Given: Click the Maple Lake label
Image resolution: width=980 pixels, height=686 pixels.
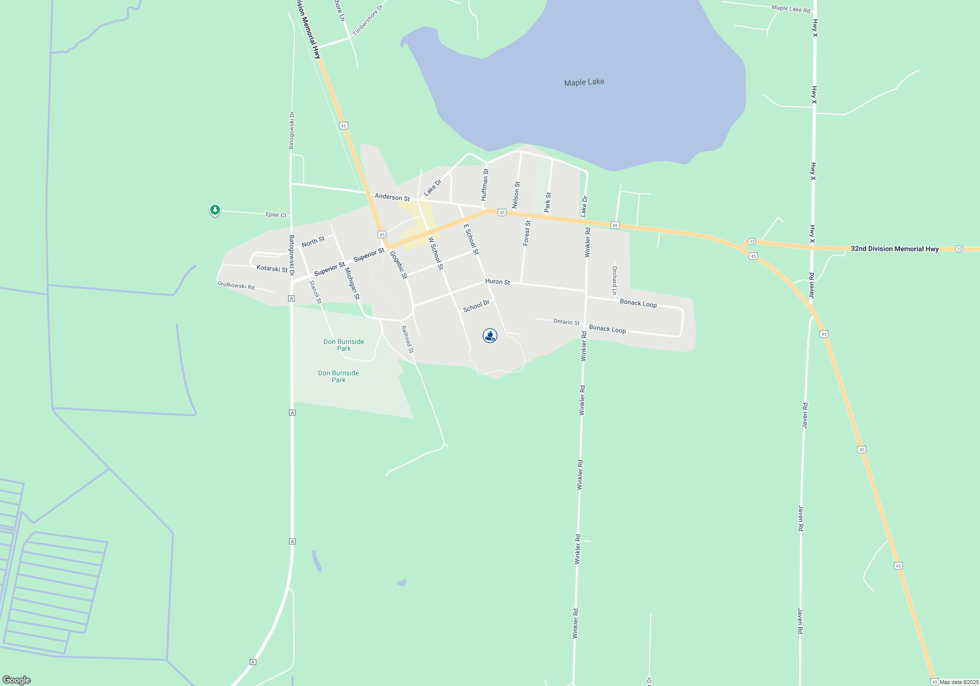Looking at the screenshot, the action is tap(584, 82).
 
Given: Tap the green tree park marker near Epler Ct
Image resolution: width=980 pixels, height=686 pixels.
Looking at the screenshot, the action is tap(215, 210).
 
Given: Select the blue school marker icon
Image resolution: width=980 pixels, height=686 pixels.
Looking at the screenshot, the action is tap(490, 336).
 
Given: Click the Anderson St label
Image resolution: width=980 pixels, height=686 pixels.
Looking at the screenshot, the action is tap(392, 197).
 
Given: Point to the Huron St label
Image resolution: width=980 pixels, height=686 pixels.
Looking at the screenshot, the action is tap(497, 282).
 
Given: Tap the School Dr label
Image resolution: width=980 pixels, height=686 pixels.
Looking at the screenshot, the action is tap(476, 306).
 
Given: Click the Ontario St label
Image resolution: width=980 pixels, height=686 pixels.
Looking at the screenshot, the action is tap(566, 322).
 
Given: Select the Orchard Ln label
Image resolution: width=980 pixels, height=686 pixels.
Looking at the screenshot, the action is tap(614, 280).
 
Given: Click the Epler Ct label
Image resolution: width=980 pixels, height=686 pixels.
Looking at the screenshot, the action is tap(276, 215).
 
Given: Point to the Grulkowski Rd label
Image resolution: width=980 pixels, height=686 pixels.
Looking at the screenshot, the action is tap(236, 285).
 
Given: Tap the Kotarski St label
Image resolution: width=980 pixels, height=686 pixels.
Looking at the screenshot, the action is tap(272, 269).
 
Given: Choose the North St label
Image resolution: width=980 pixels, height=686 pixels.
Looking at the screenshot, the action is tap(313, 242).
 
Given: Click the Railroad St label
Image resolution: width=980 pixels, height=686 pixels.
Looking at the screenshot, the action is tap(407, 339).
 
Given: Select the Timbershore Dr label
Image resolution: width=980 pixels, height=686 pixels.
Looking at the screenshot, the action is tap(367, 21).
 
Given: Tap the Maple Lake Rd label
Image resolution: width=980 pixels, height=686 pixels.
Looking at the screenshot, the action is tap(791, 9).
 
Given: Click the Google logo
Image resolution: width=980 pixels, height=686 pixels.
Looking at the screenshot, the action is tap(17, 680).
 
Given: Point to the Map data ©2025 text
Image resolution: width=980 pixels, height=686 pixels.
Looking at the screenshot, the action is tap(958, 682).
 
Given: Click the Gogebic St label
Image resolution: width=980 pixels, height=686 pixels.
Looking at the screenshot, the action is tap(398, 265).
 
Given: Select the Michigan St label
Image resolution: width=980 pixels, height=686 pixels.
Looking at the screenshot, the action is tap(352, 283).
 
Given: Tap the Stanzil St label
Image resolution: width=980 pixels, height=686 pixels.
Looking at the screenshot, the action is tap(316, 292).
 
